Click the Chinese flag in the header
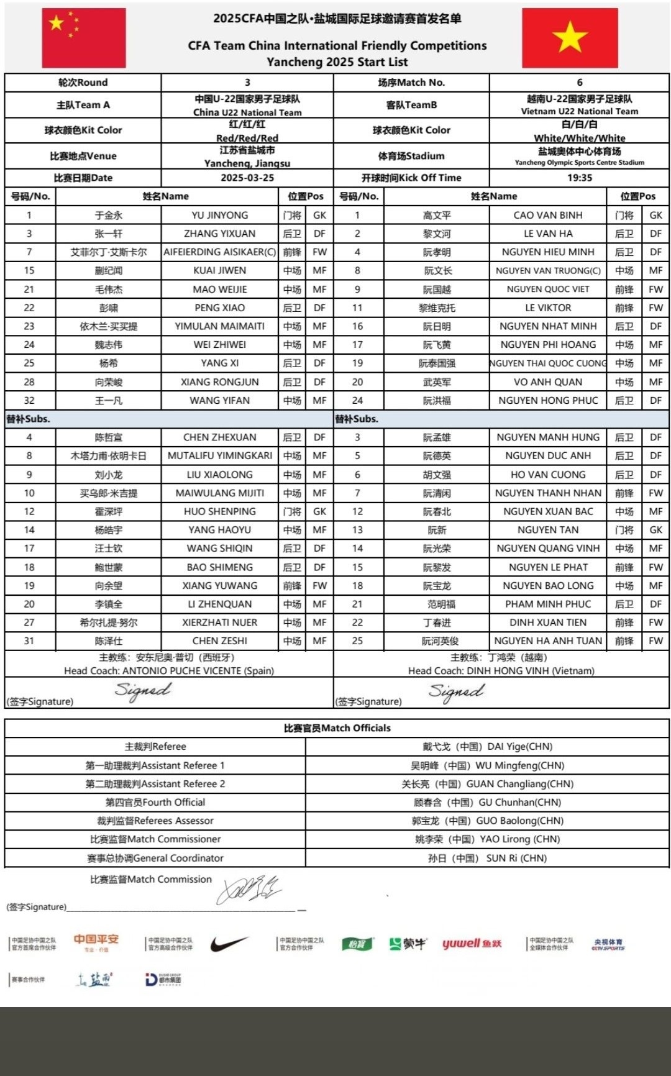pos(84,38)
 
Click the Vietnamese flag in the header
pos(570,38)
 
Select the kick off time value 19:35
pos(579,178)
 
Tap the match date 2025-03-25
pos(247,178)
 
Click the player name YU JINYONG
pos(219,215)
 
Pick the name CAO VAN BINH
pos(548,215)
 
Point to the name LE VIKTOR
pos(548,308)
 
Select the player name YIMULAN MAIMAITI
pos(219,326)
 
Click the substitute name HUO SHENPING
pos(219,511)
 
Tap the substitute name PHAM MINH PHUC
pos(548,604)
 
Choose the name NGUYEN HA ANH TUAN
pos(548,641)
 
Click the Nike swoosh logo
pos(229,944)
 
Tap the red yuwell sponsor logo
pos(472,944)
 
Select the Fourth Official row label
pos(155,802)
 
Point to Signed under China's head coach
pos(143,690)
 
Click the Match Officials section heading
pos(337,728)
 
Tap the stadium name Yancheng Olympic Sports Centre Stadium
pos(579,163)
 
